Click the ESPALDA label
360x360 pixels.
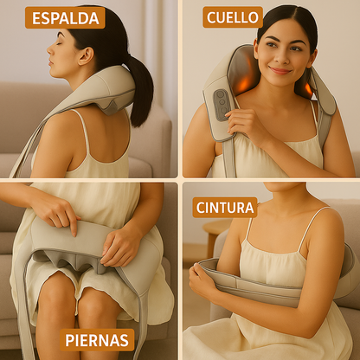click(x=64, y=18)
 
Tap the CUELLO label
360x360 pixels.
click(x=233, y=17)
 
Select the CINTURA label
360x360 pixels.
click(x=225, y=207)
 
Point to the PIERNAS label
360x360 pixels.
click(x=99, y=338)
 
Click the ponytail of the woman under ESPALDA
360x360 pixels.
click(x=138, y=87)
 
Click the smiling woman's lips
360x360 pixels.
click(x=278, y=68)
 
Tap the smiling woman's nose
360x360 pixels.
click(x=278, y=57)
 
